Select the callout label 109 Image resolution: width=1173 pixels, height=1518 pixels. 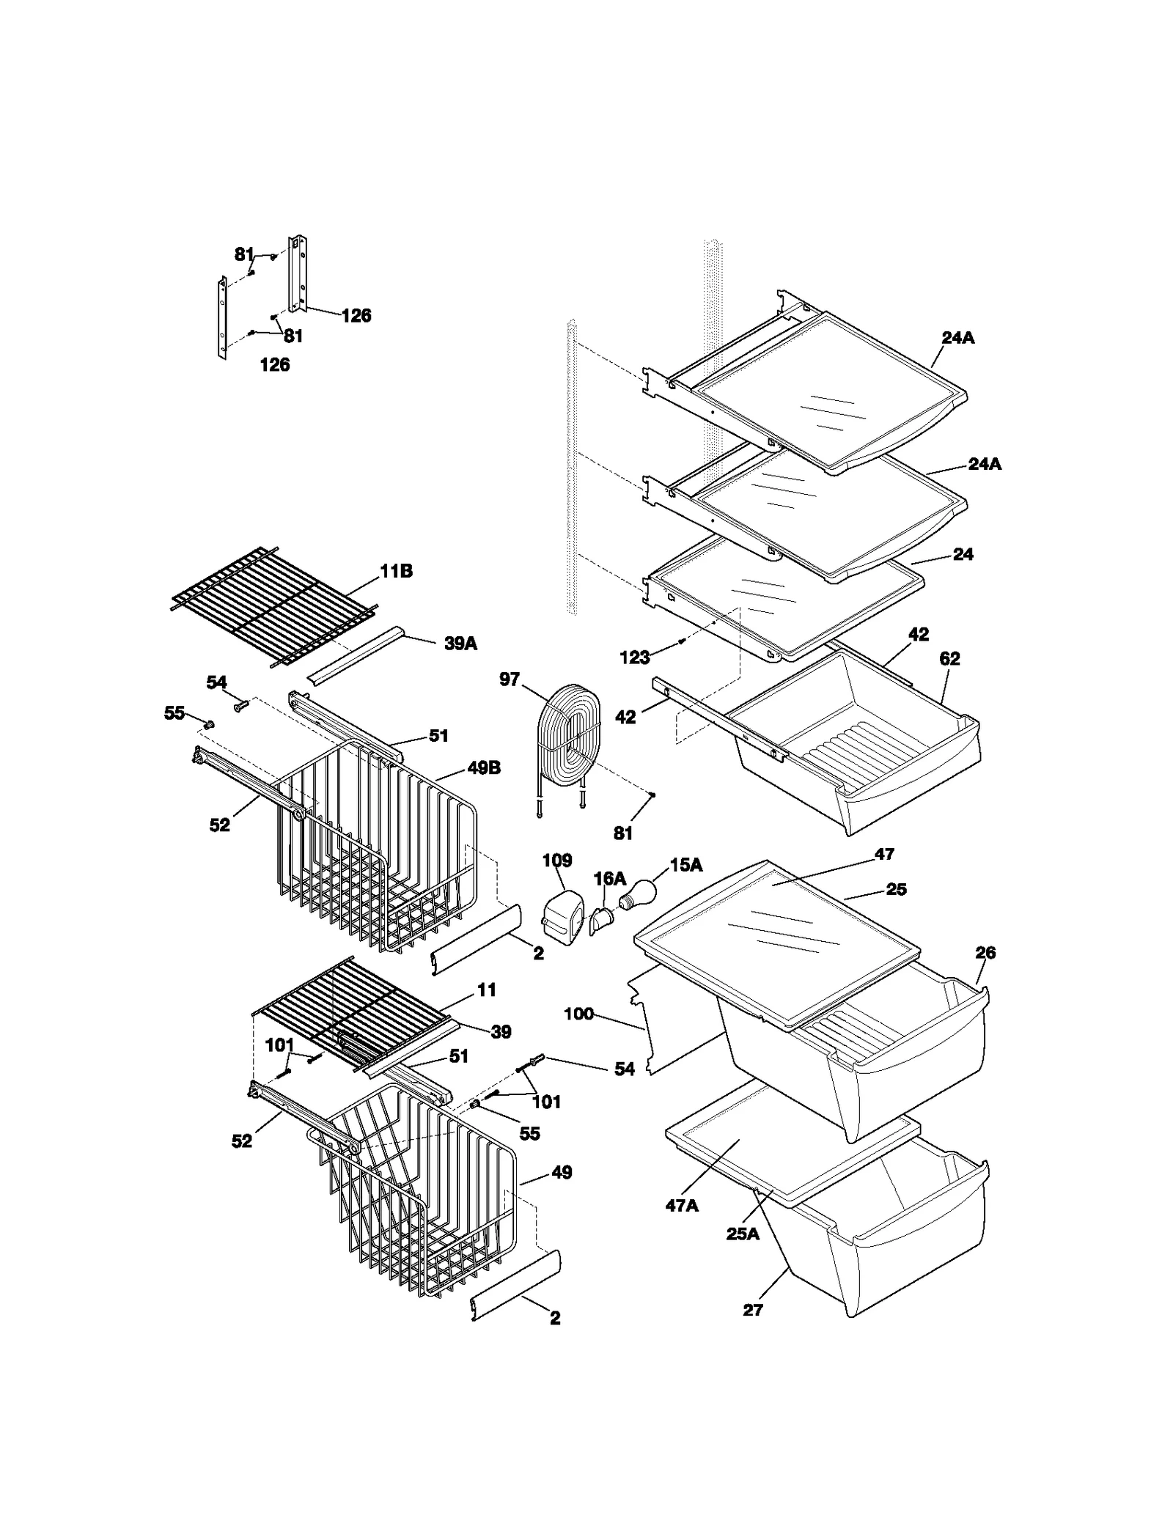tap(557, 860)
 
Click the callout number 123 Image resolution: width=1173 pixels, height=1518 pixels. tap(635, 657)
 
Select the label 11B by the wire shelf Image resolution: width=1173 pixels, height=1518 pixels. tap(396, 571)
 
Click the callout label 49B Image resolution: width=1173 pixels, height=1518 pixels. tap(484, 768)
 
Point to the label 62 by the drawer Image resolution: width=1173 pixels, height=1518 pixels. tap(949, 658)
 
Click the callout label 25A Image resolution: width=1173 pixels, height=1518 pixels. tap(743, 1234)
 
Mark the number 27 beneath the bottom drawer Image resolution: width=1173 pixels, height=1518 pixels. tap(753, 1310)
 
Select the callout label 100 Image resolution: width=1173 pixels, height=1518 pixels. tap(578, 1014)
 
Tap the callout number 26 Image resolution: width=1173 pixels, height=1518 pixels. tap(985, 952)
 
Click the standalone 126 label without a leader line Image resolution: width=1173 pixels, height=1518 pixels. tap(275, 364)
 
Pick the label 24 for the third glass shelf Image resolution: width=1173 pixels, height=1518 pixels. tap(963, 554)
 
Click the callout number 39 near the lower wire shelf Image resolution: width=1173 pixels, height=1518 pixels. tap(501, 1031)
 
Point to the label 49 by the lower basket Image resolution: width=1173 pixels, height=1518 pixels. tap(562, 1172)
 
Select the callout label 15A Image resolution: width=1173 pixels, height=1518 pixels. tap(686, 865)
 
